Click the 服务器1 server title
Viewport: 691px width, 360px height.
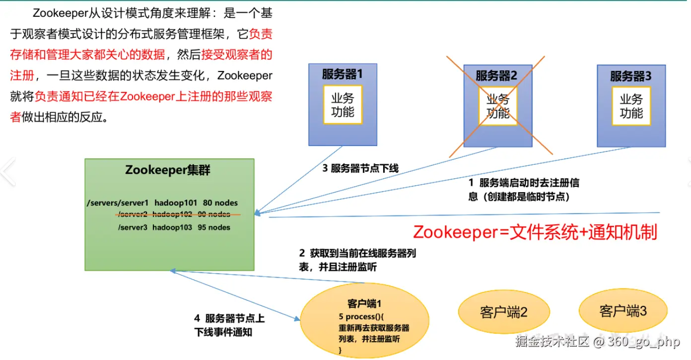point(343,74)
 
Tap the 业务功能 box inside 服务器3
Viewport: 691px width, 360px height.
point(631,106)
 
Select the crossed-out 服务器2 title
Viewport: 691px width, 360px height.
point(496,75)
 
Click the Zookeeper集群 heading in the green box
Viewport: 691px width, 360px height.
point(168,170)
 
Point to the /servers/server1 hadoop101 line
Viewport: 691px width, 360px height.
point(162,203)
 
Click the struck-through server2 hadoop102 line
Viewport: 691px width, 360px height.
point(173,215)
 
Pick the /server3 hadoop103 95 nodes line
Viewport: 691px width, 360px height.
point(174,227)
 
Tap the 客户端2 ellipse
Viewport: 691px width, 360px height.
point(503,312)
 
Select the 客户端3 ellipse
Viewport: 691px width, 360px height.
point(622,311)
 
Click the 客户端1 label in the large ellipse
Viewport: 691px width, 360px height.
point(364,304)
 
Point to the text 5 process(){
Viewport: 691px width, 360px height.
point(361,317)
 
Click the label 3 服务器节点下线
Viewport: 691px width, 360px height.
point(360,168)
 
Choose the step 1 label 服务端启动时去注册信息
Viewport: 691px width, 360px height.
point(524,189)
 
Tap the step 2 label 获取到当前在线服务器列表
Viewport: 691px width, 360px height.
point(357,260)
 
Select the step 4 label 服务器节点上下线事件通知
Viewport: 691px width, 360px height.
point(229,325)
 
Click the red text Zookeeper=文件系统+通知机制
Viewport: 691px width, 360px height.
point(535,232)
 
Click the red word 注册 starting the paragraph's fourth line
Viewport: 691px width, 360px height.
point(22,76)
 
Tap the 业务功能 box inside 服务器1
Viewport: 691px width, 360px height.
point(343,105)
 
